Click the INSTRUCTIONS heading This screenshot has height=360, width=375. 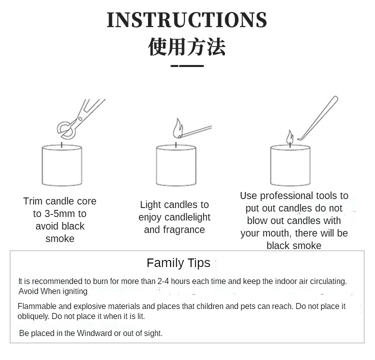(187, 20)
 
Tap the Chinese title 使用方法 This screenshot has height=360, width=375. (187, 47)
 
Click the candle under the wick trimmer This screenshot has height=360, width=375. (62, 164)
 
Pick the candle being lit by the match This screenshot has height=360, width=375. (176, 164)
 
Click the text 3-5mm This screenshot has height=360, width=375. (59, 213)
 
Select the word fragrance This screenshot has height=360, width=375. (184, 229)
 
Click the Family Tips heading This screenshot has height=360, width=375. (178, 263)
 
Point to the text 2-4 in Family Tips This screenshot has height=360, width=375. (163, 281)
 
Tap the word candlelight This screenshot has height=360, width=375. (187, 217)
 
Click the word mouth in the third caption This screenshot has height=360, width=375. (276, 233)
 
